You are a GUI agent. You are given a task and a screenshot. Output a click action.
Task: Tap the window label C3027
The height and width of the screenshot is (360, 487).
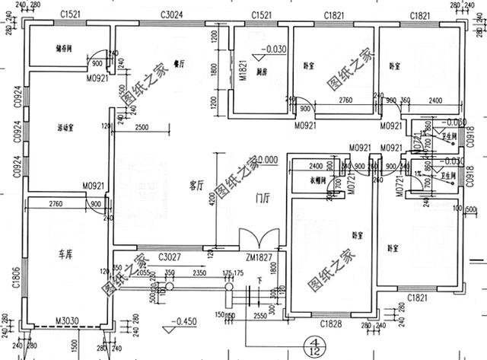click(x=169, y=256)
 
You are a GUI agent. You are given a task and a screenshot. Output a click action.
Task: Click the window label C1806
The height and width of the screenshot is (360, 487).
click(x=14, y=287)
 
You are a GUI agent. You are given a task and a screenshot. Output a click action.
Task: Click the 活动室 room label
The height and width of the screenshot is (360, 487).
click(x=70, y=127)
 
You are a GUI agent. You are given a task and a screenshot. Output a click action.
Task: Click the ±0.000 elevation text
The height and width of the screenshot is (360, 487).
click(x=265, y=160)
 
